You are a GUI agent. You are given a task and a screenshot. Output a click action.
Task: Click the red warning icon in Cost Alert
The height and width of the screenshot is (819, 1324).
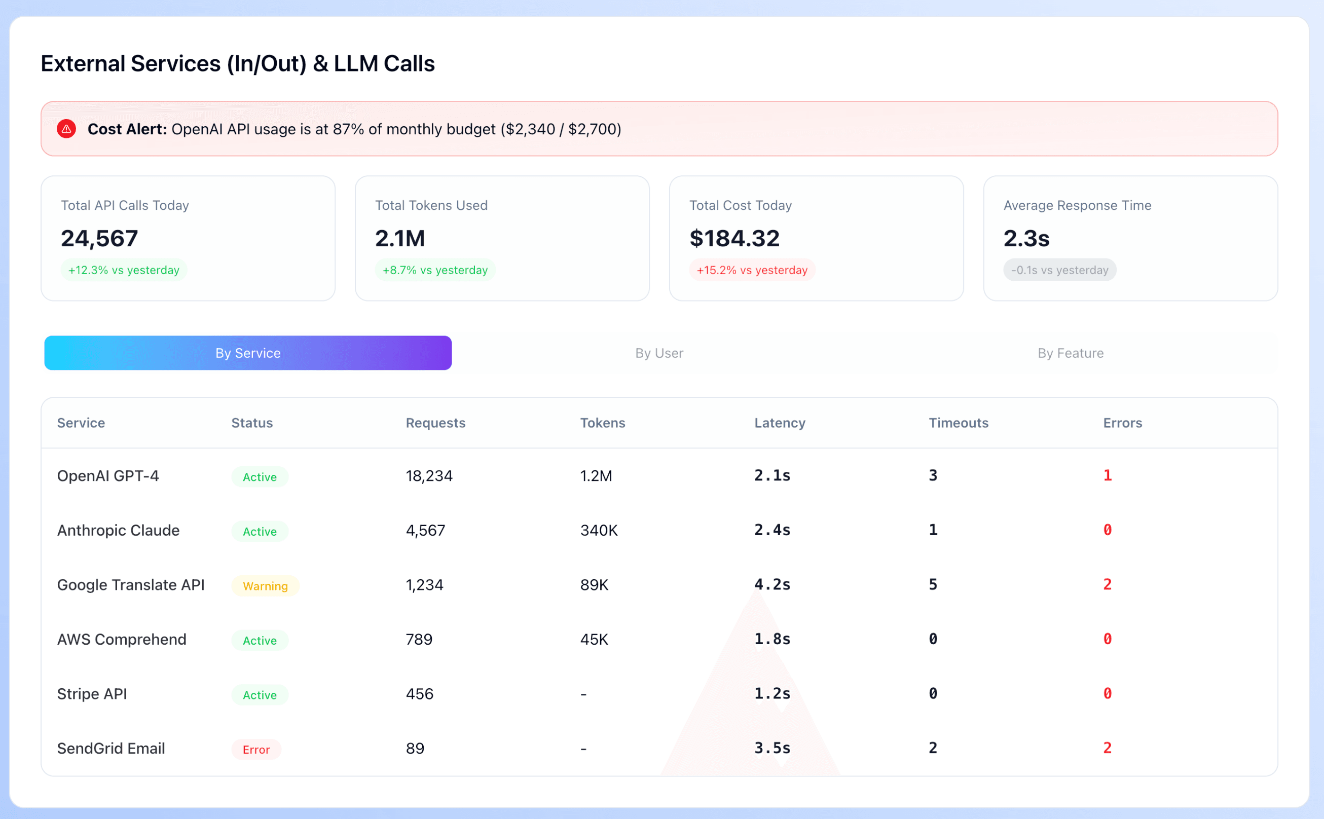pos(66,129)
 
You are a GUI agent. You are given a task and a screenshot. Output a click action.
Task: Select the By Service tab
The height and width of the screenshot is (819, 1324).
pos(247,353)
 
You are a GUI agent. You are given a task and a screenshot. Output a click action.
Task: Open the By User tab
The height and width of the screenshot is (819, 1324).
pos(659,353)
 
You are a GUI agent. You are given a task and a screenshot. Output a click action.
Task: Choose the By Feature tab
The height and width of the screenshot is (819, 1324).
pos(1070,353)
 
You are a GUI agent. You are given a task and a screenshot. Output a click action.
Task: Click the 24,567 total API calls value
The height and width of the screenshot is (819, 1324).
pos(99,238)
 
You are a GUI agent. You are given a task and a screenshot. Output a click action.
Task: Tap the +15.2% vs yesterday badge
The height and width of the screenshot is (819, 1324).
pos(751,270)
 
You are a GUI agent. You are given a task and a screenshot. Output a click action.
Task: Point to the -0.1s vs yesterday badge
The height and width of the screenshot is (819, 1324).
pos(1059,270)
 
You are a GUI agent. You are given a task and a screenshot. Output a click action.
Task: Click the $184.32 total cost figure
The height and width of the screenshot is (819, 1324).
pos(734,238)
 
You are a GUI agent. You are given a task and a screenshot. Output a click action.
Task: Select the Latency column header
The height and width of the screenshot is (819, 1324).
pos(779,423)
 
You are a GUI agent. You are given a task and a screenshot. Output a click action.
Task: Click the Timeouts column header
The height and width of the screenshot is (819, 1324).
pos(958,423)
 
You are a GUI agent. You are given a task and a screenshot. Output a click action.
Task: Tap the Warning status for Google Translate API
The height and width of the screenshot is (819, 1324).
pos(265,586)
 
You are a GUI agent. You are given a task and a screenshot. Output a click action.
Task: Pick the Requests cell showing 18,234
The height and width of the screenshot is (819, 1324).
pos(428,476)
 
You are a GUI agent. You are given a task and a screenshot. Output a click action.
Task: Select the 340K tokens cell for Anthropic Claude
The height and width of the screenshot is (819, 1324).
pos(599,530)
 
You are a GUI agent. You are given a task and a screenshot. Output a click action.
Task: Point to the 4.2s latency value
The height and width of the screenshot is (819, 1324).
pos(772,584)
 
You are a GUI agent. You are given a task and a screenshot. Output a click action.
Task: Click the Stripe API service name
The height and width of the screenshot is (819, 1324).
pos(92,694)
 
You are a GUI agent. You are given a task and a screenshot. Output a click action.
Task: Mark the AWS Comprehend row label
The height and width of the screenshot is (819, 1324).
pos(121,639)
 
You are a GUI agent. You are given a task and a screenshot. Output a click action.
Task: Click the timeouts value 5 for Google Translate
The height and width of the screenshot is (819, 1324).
pos(932,584)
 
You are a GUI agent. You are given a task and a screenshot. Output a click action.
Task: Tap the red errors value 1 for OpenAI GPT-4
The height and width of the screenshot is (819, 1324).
pos(1107,475)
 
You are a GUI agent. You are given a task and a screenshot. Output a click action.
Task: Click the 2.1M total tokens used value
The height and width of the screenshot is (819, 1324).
pos(400,238)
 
